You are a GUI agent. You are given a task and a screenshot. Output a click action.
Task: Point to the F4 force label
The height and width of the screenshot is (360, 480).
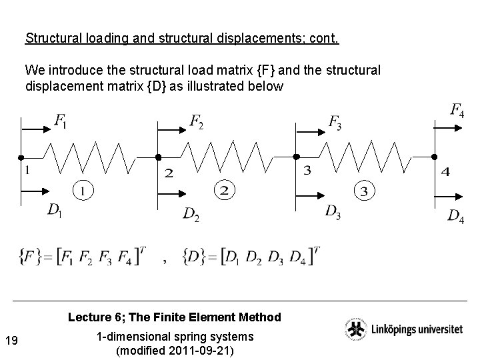457,110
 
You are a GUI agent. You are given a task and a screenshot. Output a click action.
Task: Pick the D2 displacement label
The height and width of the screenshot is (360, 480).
191,214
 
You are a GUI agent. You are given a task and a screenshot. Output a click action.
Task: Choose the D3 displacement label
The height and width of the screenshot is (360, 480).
333,211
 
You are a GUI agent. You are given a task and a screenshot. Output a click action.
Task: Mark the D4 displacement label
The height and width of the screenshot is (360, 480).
456,215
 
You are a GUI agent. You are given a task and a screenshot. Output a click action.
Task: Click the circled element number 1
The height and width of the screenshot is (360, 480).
82,191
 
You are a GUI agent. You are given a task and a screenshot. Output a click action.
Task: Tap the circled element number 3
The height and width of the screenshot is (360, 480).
364,192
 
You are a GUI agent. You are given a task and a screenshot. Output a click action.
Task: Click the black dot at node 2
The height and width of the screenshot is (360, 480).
159,157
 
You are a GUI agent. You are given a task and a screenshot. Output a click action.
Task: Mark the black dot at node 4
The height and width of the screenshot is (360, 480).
434,157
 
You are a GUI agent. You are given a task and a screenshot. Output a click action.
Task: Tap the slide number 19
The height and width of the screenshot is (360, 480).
11,341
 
